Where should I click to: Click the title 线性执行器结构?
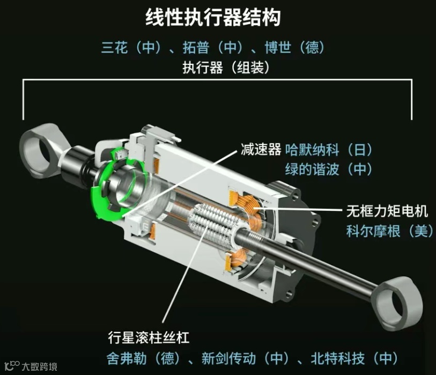[213, 17]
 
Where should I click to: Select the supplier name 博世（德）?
[295, 47]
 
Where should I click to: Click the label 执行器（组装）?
[226, 67]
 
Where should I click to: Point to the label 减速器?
[261, 149]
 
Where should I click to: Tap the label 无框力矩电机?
[387, 211]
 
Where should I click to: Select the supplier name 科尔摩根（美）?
[390, 231]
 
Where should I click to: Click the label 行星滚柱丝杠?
[149, 337]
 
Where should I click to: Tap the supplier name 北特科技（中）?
[355, 358]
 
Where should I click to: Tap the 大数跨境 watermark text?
[40, 366]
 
